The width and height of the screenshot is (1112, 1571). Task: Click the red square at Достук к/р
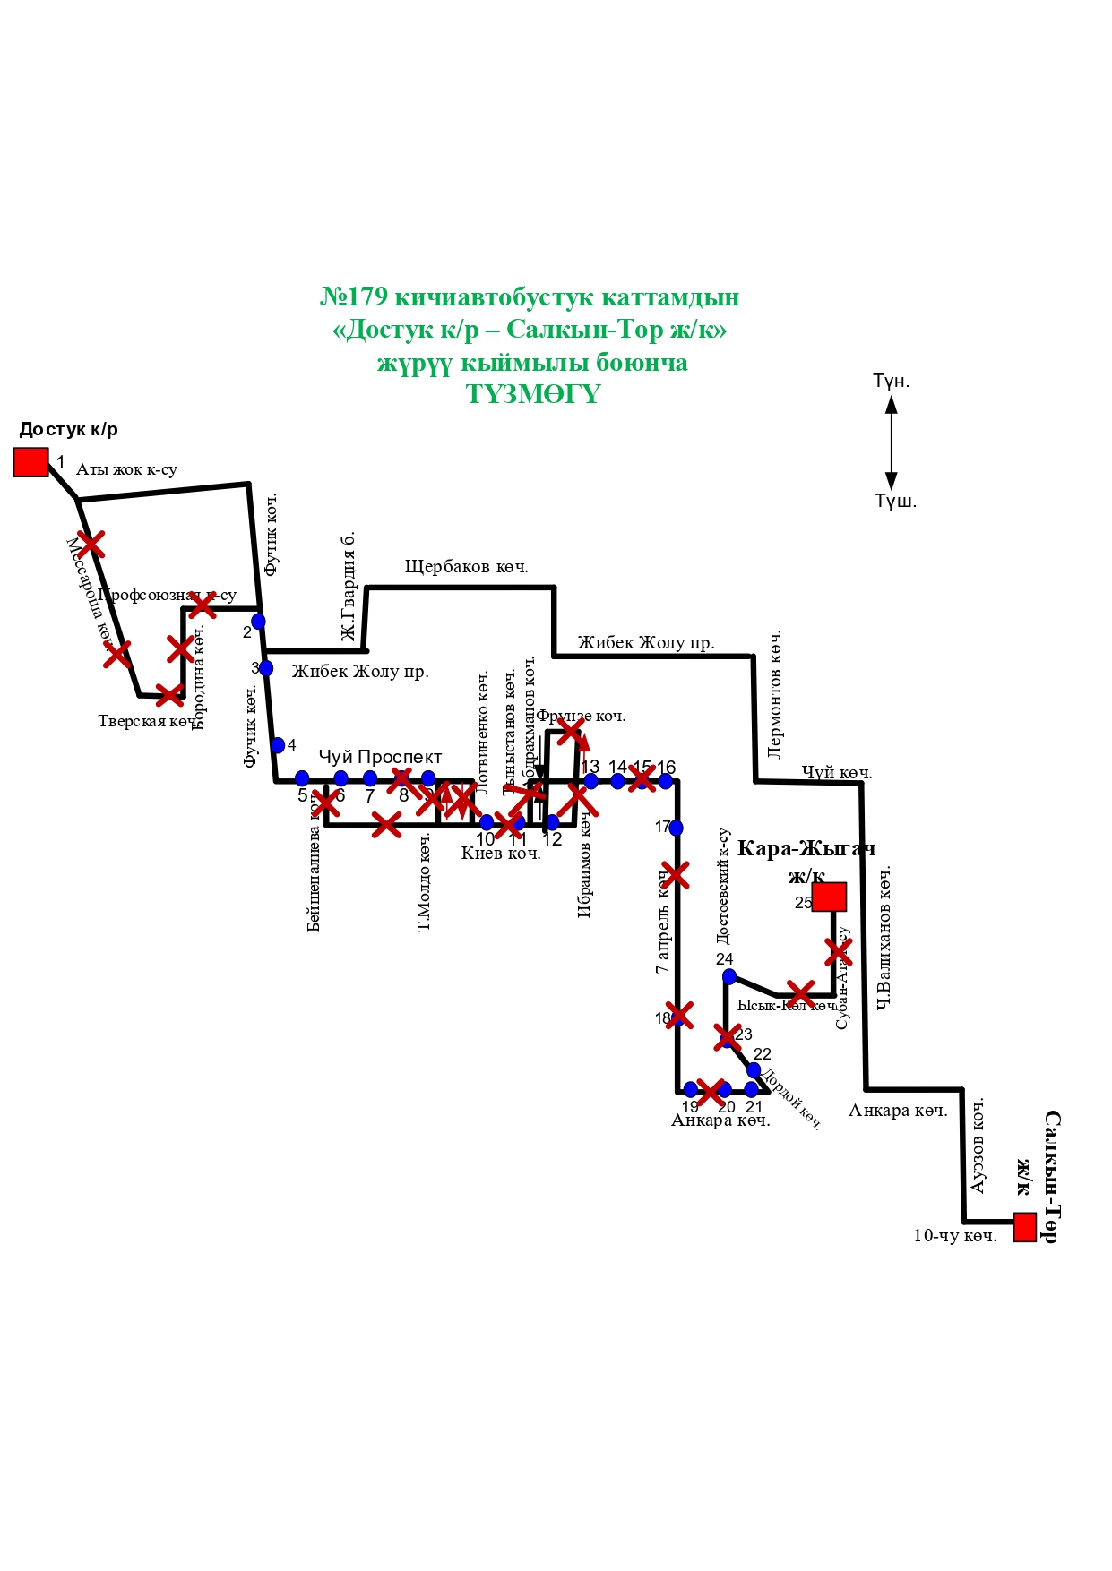pos(30,462)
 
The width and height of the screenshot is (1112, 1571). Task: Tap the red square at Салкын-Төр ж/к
pos(1024,1226)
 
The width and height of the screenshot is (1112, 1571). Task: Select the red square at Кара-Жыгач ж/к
pos(829,897)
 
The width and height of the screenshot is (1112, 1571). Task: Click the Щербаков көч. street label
pos(466,567)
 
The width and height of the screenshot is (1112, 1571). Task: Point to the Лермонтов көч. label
pos(775,694)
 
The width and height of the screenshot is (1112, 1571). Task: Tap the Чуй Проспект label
pos(380,757)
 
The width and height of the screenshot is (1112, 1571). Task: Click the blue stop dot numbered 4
pos(278,745)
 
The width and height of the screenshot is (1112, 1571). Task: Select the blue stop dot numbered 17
pos(676,828)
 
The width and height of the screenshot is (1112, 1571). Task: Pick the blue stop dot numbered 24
pos(729,976)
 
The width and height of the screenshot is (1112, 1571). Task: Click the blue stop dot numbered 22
pos(754,1070)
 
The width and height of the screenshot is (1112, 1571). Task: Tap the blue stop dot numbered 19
pos(690,1089)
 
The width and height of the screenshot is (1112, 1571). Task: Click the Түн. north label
pos(891,382)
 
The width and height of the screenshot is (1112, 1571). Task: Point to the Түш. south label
pos(895,502)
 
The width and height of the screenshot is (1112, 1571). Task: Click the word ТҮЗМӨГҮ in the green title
pos(532,394)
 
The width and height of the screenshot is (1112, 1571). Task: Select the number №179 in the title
pos(354,297)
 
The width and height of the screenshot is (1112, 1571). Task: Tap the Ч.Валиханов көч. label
pos(884,937)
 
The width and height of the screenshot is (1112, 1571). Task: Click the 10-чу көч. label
pos(954,1236)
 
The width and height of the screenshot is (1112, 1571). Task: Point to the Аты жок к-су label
pos(126,469)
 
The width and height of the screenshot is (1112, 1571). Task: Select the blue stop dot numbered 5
pos(302,778)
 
